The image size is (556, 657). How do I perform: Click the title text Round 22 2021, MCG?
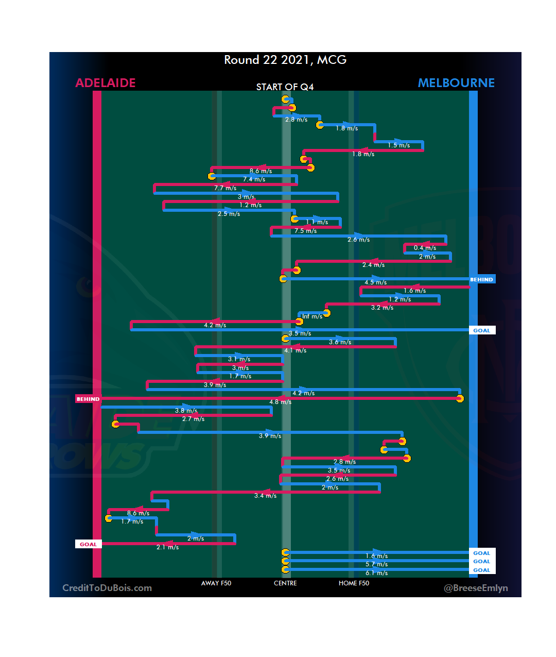pyautogui.click(x=285, y=60)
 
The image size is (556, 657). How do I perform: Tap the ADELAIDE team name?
pyautogui.click(x=106, y=83)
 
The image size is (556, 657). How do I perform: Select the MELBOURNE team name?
pyautogui.click(x=456, y=83)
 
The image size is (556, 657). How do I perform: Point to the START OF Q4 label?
pyautogui.click(x=285, y=87)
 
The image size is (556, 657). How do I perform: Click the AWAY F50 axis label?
pyautogui.click(x=216, y=583)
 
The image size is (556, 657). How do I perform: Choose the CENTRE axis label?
pyautogui.click(x=285, y=583)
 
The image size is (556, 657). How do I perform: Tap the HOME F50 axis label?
pyautogui.click(x=354, y=583)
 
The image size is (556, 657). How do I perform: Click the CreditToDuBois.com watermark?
pyautogui.click(x=107, y=588)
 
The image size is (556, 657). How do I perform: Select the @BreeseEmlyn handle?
pyautogui.click(x=476, y=588)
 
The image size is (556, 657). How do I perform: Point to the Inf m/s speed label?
pyautogui.click(x=312, y=316)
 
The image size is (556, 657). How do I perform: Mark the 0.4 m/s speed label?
pyautogui.click(x=425, y=248)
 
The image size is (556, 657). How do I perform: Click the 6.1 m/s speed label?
pyautogui.click(x=376, y=573)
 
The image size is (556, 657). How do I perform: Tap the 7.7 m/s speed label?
pyautogui.click(x=225, y=188)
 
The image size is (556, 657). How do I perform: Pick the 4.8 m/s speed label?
pyautogui.click(x=281, y=402)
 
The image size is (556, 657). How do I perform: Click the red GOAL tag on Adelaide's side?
pyautogui.click(x=88, y=544)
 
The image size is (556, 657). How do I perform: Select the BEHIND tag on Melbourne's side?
pyautogui.click(x=481, y=279)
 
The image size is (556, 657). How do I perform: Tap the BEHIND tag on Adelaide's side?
pyautogui.click(x=88, y=399)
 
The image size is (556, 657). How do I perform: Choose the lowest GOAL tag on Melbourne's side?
pyautogui.click(x=481, y=570)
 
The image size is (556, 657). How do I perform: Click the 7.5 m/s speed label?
pyautogui.click(x=305, y=231)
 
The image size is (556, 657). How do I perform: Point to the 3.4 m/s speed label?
pyautogui.click(x=265, y=496)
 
